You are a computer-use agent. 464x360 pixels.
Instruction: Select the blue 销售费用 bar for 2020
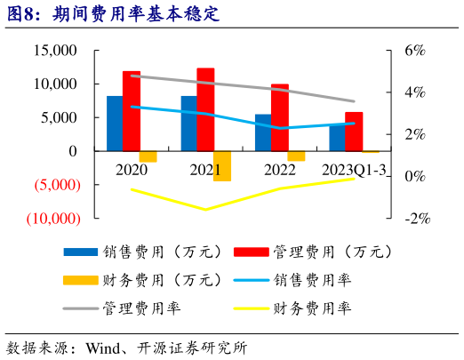click(115, 124)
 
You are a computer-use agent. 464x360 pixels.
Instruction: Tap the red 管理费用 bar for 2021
click(205, 109)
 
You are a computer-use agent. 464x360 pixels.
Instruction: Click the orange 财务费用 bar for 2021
click(222, 166)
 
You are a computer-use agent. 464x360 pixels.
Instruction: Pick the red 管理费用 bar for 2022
click(279, 117)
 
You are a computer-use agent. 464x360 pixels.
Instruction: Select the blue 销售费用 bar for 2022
click(263, 132)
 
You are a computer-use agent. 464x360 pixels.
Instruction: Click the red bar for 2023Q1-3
click(354, 132)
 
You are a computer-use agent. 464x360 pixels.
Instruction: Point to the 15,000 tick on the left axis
click(54, 51)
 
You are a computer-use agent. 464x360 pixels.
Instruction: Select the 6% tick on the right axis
click(417, 51)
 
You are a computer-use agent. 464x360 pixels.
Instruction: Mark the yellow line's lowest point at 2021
click(205, 210)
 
